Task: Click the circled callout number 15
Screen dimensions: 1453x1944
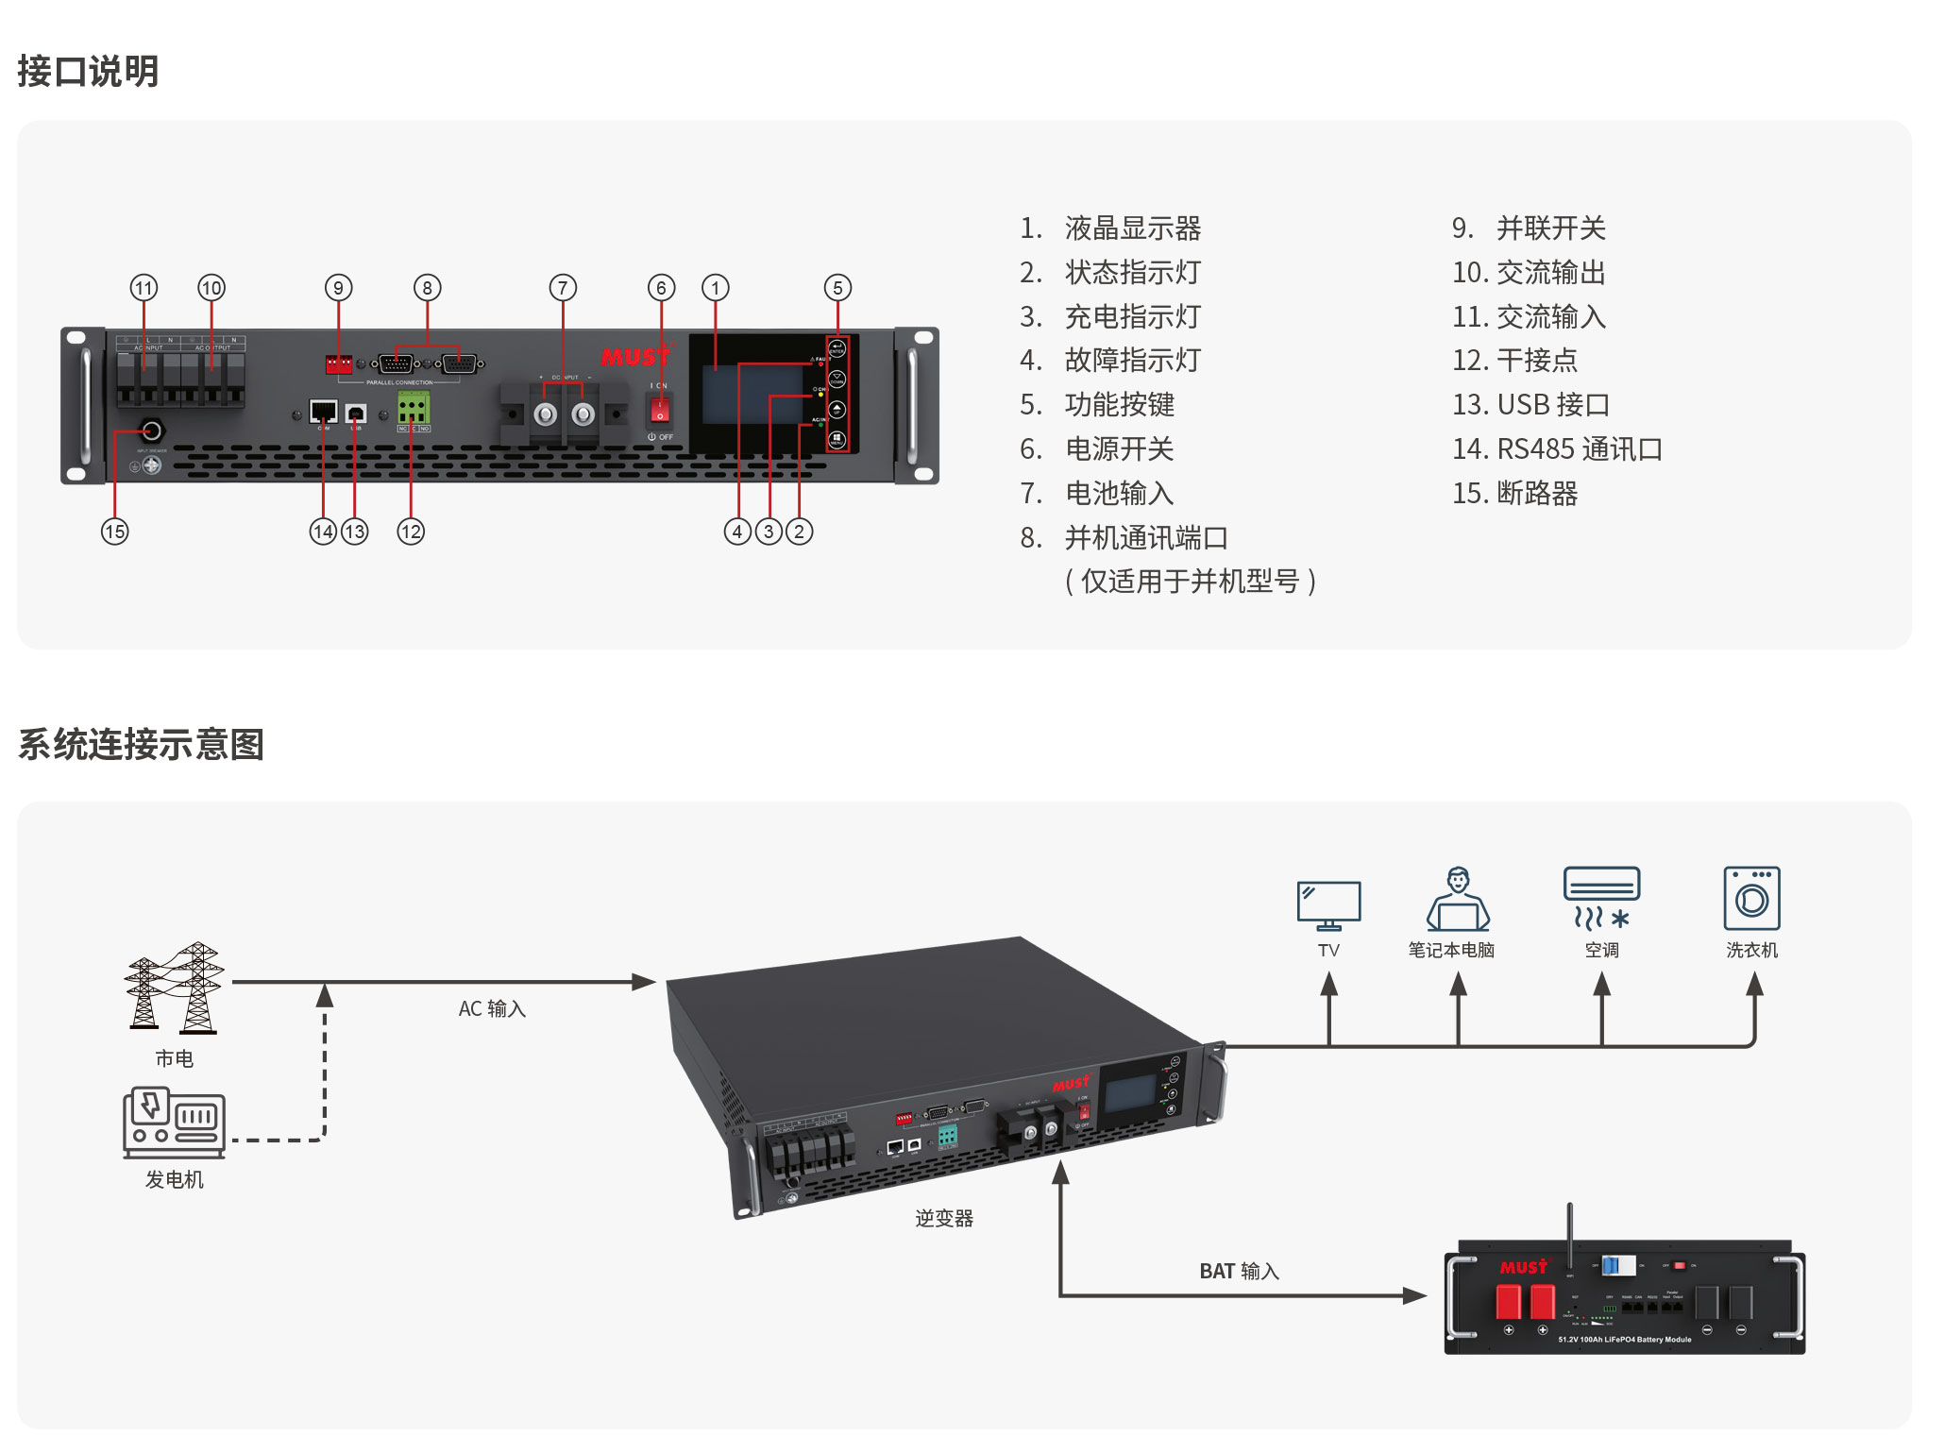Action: tap(115, 532)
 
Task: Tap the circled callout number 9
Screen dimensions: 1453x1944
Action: tap(338, 288)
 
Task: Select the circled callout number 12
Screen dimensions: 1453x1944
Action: tap(411, 532)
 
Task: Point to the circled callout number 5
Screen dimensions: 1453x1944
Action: tap(837, 288)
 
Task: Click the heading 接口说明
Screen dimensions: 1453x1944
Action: tap(88, 72)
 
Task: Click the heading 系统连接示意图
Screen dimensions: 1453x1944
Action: tap(141, 744)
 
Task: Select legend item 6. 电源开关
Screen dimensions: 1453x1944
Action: tap(1096, 449)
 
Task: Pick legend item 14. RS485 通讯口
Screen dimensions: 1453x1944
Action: tap(1557, 449)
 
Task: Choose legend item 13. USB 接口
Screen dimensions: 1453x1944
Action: tap(1530, 405)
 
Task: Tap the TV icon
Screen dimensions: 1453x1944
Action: tap(1328, 904)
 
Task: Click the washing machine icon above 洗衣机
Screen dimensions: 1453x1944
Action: tap(1751, 898)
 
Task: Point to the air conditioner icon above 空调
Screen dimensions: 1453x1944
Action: tap(1601, 898)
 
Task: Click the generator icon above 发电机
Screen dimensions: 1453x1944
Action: tap(174, 1123)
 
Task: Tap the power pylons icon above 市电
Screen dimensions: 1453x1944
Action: tap(175, 987)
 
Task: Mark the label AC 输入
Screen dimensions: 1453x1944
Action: tap(492, 1009)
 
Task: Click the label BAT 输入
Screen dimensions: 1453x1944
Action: tap(1239, 1272)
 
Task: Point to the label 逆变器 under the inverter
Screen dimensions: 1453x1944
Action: tap(943, 1219)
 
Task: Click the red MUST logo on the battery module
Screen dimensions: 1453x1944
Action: tap(1524, 1267)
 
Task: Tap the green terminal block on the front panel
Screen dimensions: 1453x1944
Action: tap(413, 409)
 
